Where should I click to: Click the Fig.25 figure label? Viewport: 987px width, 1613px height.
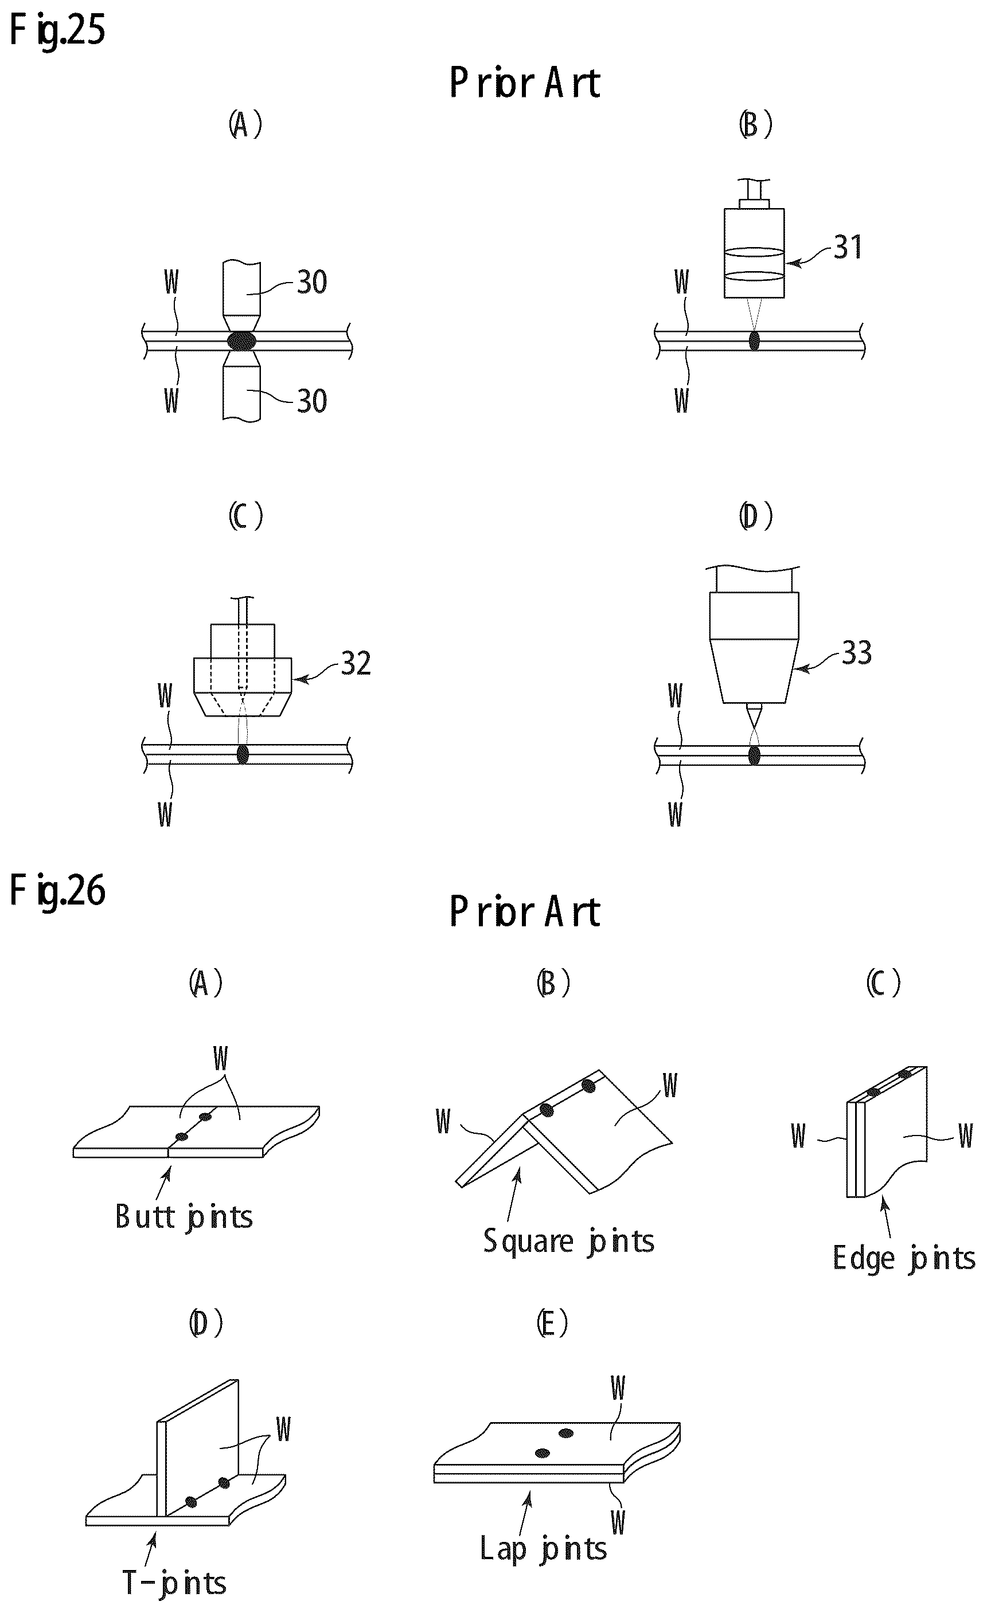[57, 31]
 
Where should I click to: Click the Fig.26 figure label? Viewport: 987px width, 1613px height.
[57, 891]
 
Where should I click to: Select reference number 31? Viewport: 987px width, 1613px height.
[848, 248]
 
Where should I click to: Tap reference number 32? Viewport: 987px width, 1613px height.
[356, 664]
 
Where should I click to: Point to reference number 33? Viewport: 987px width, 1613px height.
[857, 653]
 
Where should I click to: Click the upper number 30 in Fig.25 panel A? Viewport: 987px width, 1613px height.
[313, 282]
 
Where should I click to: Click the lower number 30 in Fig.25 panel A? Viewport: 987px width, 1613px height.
[313, 401]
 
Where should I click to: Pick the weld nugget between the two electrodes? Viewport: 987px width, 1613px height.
[241, 341]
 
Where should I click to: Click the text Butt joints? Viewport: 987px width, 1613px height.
[184, 1217]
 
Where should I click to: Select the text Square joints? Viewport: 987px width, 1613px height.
[568, 1241]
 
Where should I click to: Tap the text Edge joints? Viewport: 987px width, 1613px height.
[904, 1258]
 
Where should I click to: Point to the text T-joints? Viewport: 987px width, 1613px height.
[174, 1583]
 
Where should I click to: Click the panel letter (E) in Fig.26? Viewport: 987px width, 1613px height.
[552, 1324]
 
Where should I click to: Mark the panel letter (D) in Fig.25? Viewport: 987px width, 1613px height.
[756, 516]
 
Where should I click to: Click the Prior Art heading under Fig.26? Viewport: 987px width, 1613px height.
[525, 911]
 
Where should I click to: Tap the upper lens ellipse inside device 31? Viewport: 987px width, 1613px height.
[755, 252]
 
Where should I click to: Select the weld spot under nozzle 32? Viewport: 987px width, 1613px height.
[243, 754]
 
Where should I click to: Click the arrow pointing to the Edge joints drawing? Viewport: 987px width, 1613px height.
[886, 1216]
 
